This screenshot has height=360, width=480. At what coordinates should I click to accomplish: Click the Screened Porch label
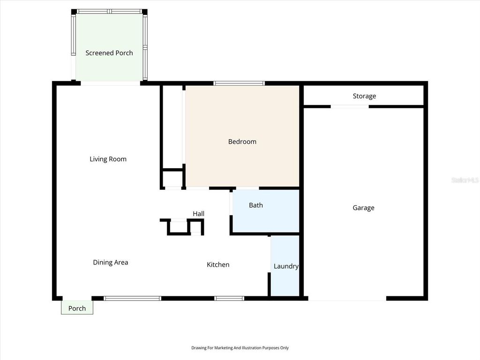coord(109,53)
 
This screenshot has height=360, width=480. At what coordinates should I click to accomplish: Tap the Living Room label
coord(108,159)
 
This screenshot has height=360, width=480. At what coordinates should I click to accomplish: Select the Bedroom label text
coord(242,142)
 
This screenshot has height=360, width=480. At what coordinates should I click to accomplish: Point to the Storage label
coord(364,96)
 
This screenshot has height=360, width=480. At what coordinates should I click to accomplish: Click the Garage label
coord(363,208)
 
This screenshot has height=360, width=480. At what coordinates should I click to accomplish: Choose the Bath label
coord(255,205)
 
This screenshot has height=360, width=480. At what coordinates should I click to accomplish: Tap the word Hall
coord(198,214)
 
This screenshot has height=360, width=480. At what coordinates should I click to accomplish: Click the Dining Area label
coord(110,262)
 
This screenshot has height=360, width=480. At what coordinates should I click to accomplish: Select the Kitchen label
coord(218,265)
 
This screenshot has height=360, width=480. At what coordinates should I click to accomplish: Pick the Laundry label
coord(285,266)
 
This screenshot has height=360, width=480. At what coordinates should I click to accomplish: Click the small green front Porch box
coord(77,307)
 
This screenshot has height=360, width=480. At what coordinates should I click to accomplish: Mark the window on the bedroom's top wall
coord(239,83)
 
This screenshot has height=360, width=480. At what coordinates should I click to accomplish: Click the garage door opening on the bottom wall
coord(347,298)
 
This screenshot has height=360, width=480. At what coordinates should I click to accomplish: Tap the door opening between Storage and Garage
coord(350,107)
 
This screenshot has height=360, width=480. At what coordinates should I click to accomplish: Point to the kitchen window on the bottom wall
coord(229,298)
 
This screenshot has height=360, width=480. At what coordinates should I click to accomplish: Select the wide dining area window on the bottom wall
coord(132,298)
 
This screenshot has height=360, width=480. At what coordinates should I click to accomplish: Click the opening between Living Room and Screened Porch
coord(110,83)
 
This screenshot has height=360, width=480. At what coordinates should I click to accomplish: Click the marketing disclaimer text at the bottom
coord(240,348)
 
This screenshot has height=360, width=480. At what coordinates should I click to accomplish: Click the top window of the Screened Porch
coord(110,11)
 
